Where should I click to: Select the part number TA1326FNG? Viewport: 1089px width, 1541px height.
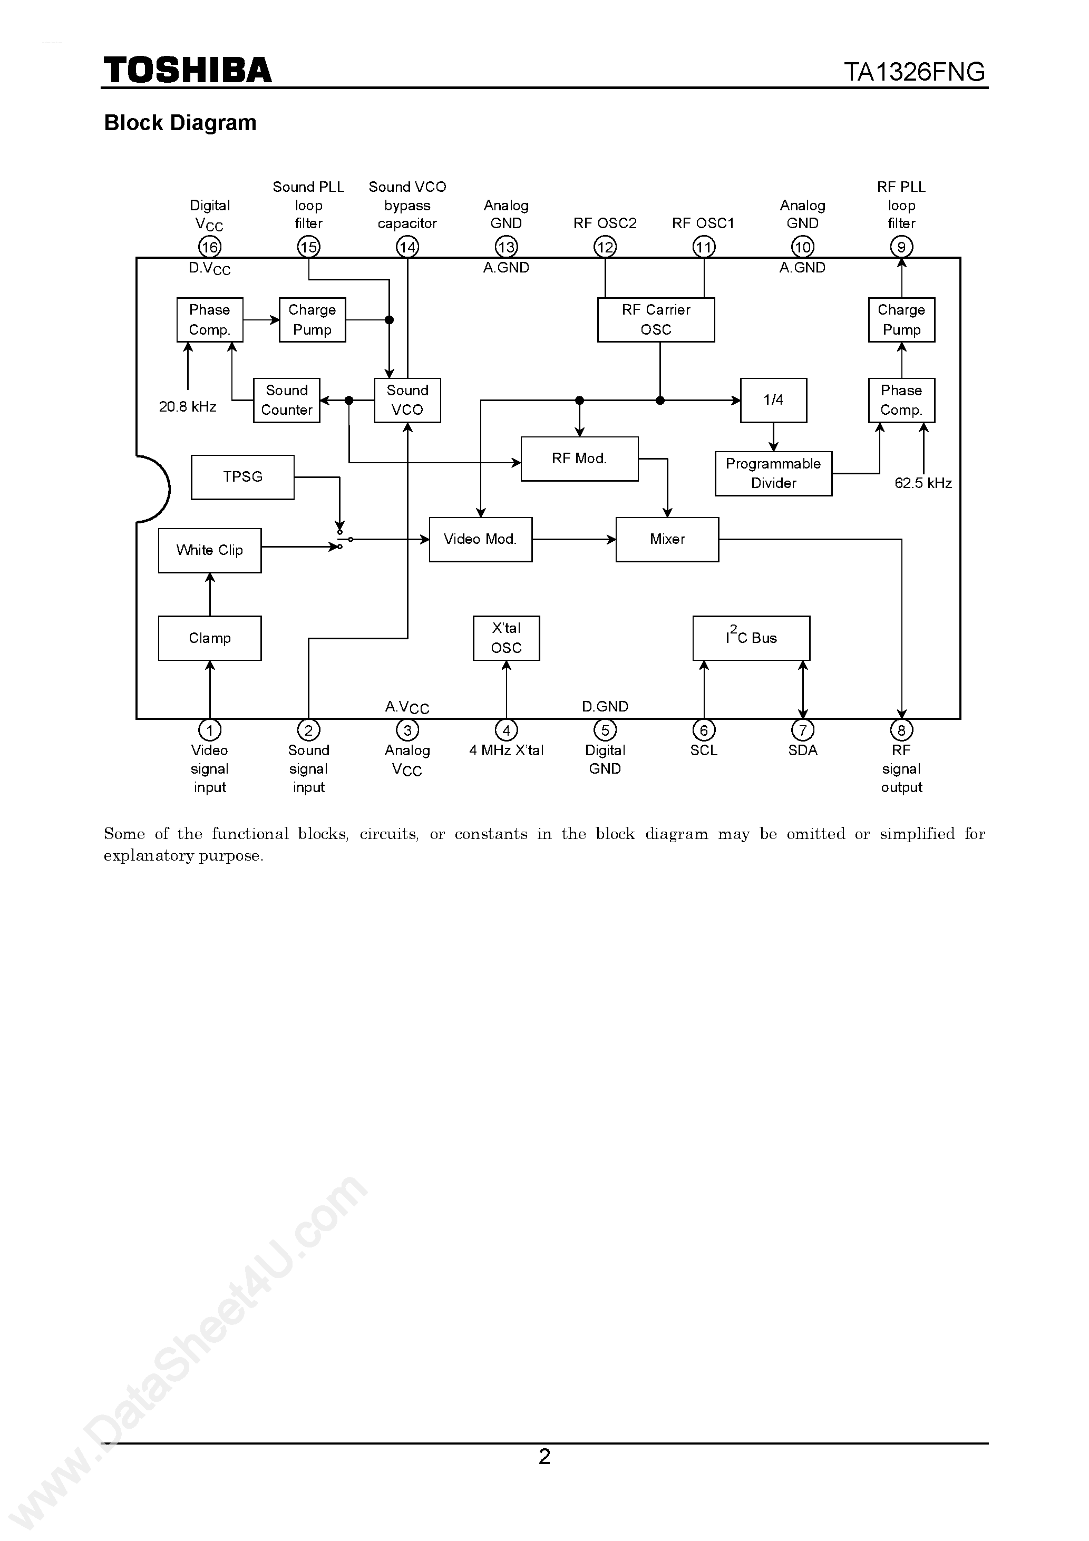pyautogui.click(x=914, y=72)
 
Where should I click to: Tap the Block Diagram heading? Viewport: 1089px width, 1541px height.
pyautogui.click(x=180, y=123)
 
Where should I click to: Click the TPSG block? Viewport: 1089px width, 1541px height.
pyautogui.click(x=242, y=477)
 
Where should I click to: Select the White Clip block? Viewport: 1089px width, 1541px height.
pyautogui.click(x=209, y=550)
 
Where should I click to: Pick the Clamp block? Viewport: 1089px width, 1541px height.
pyautogui.click(x=209, y=638)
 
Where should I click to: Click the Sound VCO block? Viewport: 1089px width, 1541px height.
pyautogui.click(x=407, y=401)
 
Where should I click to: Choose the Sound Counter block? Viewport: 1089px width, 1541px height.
pyautogui.click(x=286, y=401)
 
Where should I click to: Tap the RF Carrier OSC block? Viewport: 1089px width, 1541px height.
pyautogui.click(x=655, y=319)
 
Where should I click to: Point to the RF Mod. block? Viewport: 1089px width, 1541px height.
pyautogui.click(x=579, y=459)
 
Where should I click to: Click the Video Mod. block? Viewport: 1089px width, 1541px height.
pyautogui.click(x=480, y=540)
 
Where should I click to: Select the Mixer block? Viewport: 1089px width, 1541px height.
pyautogui.click(x=667, y=540)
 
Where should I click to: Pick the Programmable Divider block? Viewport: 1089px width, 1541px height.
pyautogui.click(x=773, y=474)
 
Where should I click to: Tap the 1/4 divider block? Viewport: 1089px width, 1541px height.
pyautogui.click(x=773, y=401)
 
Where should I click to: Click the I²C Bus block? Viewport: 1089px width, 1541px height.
pyautogui.click(x=751, y=638)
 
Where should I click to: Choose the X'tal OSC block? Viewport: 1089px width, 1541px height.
pyautogui.click(x=505, y=638)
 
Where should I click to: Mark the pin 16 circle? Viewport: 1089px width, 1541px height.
pyautogui.click(x=209, y=247)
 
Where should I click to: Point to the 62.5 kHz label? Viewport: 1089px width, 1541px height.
pyautogui.click(x=922, y=483)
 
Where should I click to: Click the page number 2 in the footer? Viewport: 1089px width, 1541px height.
pyautogui.click(x=544, y=1457)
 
